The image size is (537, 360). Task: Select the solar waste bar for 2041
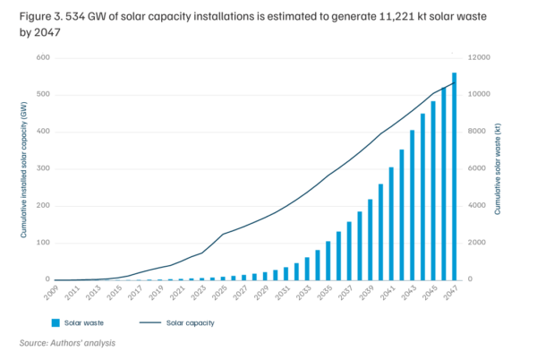(x=390, y=224)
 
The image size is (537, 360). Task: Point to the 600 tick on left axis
(x=42, y=57)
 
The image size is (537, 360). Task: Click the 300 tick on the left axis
(x=42, y=168)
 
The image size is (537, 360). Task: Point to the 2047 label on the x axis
(x=452, y=293)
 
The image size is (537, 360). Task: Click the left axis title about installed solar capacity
(x=24, y=168)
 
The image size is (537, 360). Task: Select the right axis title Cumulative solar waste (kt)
(x=497, y=168)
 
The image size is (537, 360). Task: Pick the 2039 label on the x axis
(x=369, y=293)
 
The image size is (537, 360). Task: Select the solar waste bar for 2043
(x=412, y=205)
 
